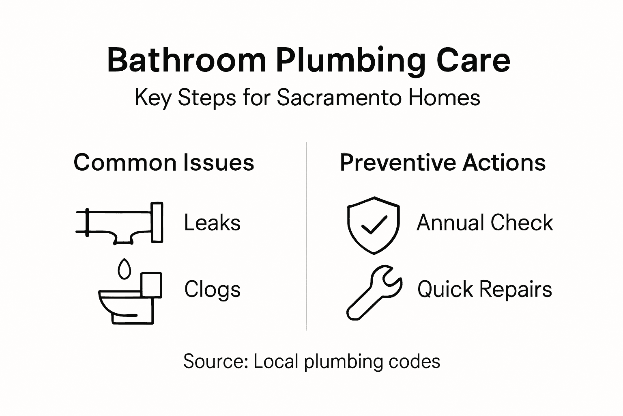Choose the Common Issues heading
click(x=164, y=162)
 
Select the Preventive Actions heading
click(x=443, y=162)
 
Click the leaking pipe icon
click(x=120, y=223)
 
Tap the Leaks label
click(x=212, y=223)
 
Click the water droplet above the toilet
click(x=124, y=269)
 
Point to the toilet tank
click(x=151, y=285)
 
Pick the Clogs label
click(x=212, y=289)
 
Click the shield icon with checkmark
click(x=373, y=225)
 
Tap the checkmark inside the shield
click(x=374, y=225)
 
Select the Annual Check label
click(x=485, y=223)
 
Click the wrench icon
click(x=374, y=292)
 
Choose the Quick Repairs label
click(x=485, y=289)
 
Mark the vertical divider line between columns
click(x=307, y=236)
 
